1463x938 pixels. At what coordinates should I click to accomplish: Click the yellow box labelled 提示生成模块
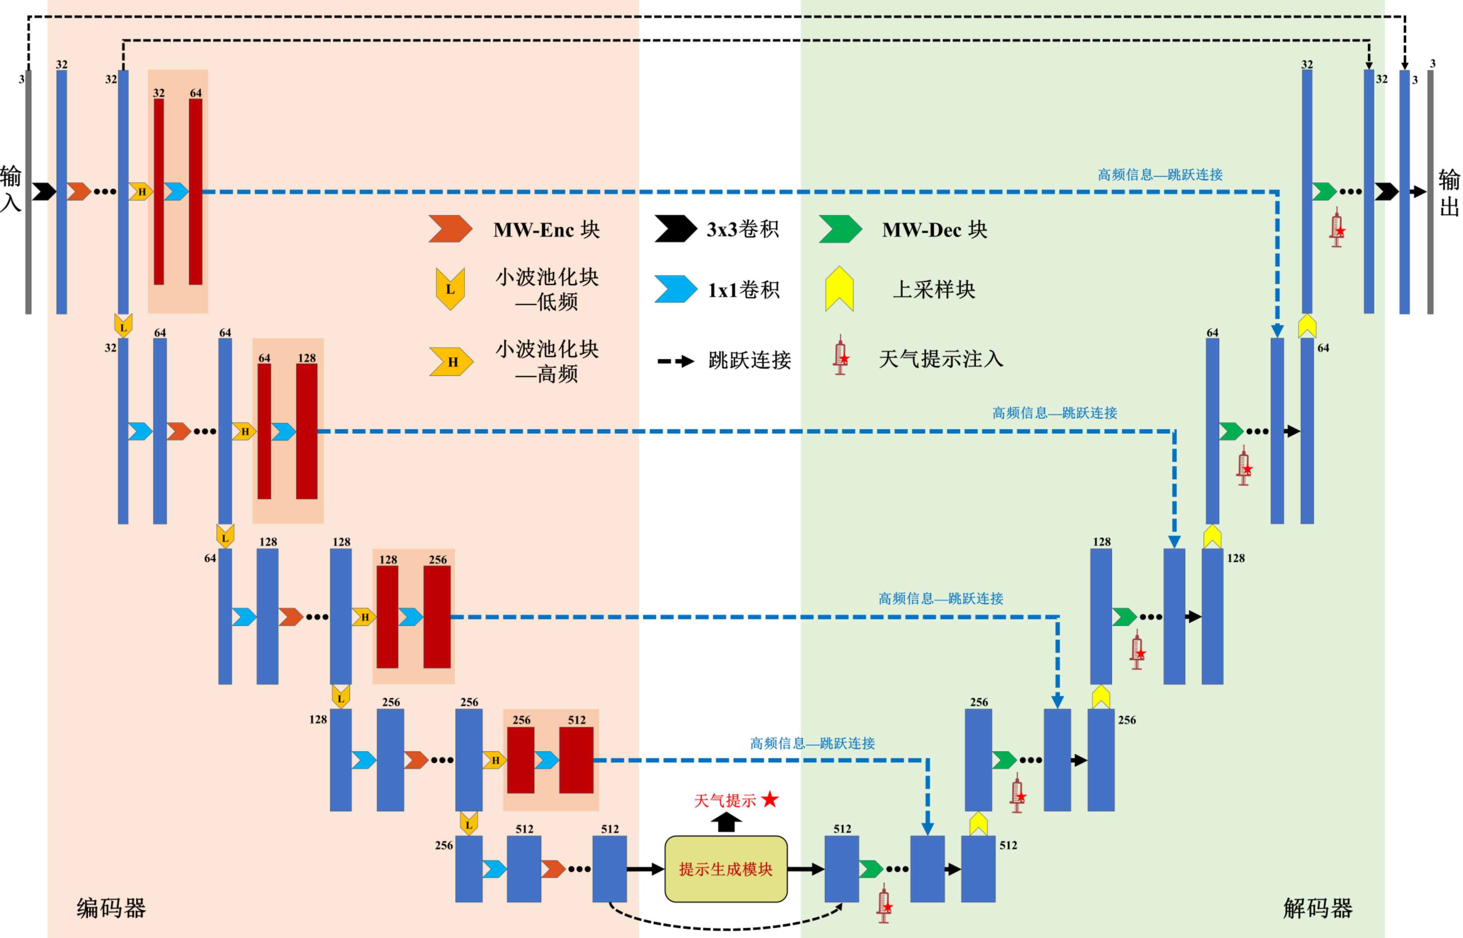pyautogui.click(x=726, y=869)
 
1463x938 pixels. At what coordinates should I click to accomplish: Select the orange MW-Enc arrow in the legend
pyautogui.click(x=450, y=229)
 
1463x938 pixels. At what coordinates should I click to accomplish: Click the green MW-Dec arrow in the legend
pyautogui.click(x=840, y=229)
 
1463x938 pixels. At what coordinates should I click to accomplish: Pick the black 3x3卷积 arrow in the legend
pyautogui.click(x=675, y=229)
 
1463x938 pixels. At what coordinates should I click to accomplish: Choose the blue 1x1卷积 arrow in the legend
pyautogui.click(x=675, y=289)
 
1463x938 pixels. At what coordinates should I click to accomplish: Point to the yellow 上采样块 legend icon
pyautogui.click(x=839, y=289)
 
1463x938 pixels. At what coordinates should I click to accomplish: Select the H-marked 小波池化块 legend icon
pyautogui.click(x=451, y=362)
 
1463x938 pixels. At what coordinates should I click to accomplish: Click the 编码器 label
pyautogui.click(x=111, y=908)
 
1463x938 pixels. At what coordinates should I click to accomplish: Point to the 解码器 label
pyautogui.click(x=1317, y=908)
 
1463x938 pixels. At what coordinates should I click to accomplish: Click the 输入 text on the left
pyautogui.click(x=10, y=189)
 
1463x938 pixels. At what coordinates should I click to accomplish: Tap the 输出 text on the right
pyautogui.click(x=1449, y=193)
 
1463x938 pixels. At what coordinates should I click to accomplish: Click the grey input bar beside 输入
pyautogui.click(x=28, y=192)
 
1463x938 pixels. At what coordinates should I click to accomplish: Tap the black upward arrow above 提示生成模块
pyautogui.click(x=726, y=822)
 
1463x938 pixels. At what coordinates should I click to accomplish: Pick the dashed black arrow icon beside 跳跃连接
pyautogui.click(x=675, y=361)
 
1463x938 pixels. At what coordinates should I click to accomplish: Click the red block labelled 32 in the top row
pyautogui.click(x=158, y=192)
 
